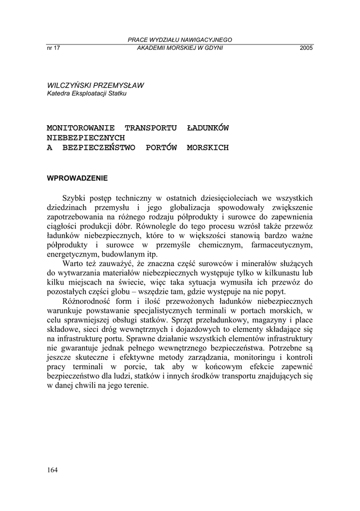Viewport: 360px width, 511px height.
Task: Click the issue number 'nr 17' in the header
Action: (53, 48)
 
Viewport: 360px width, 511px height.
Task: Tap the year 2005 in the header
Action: (306, 48)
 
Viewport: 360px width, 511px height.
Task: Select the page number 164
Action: (52, 470)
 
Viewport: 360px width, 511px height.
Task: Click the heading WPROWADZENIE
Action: (77, 178)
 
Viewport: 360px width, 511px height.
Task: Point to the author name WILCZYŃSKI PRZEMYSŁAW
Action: (95, 85)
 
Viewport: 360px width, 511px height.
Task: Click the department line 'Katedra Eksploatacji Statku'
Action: (87, 93)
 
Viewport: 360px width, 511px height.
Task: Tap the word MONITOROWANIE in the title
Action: (80, 128)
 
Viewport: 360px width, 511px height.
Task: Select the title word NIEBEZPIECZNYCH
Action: (85, 138)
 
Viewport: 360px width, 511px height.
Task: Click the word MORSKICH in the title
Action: (207, 148)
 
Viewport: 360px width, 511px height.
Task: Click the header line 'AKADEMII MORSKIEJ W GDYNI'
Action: (180, 48)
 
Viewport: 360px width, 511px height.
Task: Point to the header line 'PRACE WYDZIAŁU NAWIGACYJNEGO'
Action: (180, 40)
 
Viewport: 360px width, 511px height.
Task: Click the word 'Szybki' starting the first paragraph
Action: (74, 199)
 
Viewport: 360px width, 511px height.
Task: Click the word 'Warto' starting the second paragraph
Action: (73, 263)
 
